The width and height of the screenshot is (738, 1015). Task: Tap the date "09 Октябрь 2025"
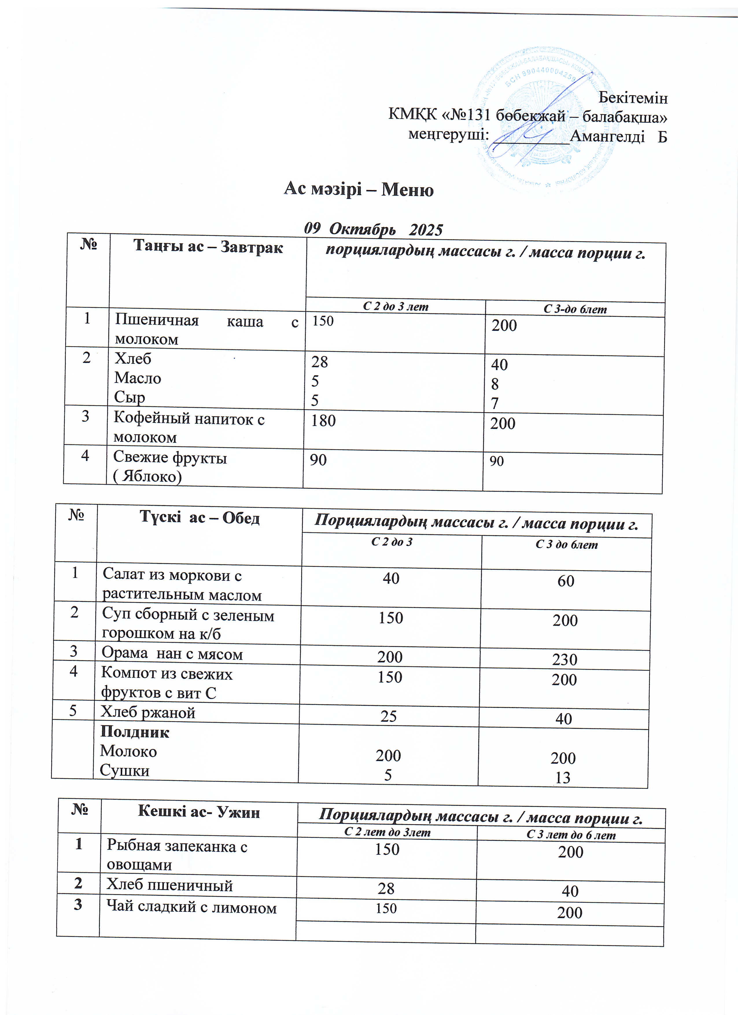tap(373, 229)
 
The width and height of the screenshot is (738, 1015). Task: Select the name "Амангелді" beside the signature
tap(607, 136)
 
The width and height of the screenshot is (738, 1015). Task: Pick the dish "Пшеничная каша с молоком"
tap(206, 330)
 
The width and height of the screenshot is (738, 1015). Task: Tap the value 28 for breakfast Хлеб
tap(320, 362)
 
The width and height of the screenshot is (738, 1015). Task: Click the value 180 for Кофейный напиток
tap(323, 421)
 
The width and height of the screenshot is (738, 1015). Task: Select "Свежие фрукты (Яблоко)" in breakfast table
tap(170, 466)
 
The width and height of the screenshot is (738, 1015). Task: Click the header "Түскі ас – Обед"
tap(200, 518)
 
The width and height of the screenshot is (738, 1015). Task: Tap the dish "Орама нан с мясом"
tap(172, 654)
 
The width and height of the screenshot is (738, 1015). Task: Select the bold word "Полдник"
tap(135, 732)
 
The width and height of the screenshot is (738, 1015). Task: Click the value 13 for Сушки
tap(563, 778)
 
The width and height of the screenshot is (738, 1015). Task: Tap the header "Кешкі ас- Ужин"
tap(199, 811)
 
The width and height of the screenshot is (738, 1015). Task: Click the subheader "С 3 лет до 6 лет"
tap(571, 835)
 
